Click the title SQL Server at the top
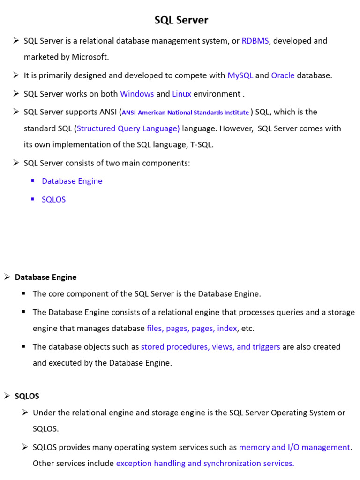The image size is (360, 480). point(181,20)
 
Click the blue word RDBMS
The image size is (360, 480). point(255,41)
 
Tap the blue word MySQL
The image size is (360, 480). point(240,75)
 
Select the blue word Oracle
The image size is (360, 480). point(283,75)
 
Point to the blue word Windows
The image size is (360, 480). point(137,94)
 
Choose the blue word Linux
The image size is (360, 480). point(181,94)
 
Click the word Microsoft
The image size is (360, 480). point(90,57)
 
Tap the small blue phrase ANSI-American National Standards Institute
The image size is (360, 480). point(185,112)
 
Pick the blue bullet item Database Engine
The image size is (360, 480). point(72,181)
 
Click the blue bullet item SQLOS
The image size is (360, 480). point(53,200)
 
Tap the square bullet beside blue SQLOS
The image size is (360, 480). point(33,199)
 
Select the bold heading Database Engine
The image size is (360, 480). point(45,277)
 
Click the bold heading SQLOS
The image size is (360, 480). point(27,396)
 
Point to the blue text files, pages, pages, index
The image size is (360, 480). point(192,329)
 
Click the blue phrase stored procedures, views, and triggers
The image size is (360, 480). point(210,347)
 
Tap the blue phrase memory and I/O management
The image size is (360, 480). point(294,447)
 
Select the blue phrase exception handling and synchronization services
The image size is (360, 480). point(205,464)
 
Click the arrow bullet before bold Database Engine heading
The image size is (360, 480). point(7,277)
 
